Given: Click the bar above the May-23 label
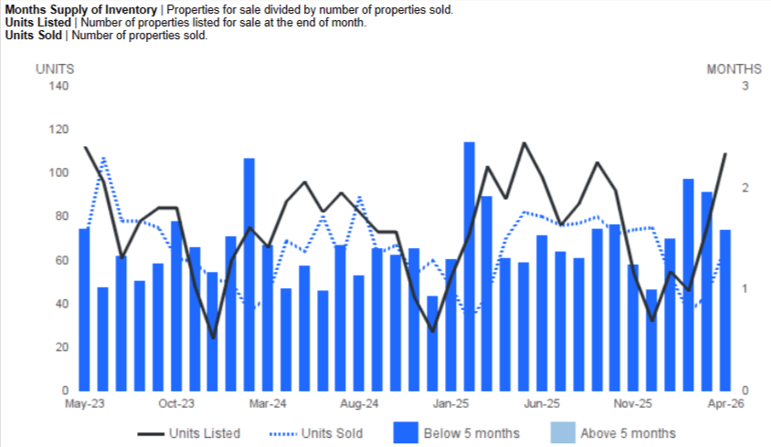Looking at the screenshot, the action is [x=84, y=309].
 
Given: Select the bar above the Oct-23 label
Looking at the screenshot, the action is [x=176, y=306].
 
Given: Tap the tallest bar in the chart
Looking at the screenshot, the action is [x=470, y=266].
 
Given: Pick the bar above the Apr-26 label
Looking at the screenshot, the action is [x=725, y=310].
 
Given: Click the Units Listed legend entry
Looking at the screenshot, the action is [x=189, y=433].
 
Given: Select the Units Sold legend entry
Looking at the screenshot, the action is [x=316, y=433].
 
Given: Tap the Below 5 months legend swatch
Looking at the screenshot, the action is [x=406, y=432].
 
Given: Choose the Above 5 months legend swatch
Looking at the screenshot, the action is [x=563, y=432].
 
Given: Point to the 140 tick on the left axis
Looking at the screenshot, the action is [x=58, y=86].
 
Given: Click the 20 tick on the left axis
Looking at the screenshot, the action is [x=61, y=348].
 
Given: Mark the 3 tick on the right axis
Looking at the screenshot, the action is [x=745, y=86].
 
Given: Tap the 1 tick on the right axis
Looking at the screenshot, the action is [x=745, y=288].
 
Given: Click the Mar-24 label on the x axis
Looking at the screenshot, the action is [x=268, y=404].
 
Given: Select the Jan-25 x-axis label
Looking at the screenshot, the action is [x=451, y=404].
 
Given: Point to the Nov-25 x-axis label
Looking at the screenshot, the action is [x=633, y=404].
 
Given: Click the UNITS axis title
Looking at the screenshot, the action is [x=55, y=69].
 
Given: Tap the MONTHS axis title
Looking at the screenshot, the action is [x=734, y=69].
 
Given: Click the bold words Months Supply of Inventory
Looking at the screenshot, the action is [x=81, y=10].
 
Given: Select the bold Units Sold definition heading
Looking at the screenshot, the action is [x=34, y=36].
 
